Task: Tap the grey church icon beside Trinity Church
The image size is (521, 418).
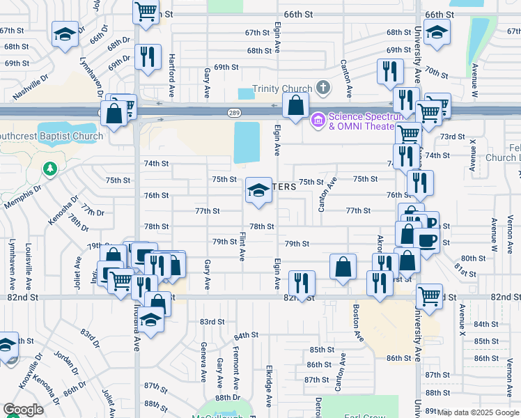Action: (322, 88)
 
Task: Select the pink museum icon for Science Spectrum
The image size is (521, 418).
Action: (318, 121)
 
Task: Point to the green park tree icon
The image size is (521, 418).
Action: (49, 169)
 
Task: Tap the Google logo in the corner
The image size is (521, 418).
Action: (23, 410)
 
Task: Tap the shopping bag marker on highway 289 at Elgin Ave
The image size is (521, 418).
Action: (296, 107)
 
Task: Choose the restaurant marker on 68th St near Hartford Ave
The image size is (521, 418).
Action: (147, 57)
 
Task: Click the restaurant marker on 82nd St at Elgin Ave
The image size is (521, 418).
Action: (302, 283)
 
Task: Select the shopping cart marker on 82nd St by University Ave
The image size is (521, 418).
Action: (429, 295)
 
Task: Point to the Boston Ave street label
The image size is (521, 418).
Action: (356, 323)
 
